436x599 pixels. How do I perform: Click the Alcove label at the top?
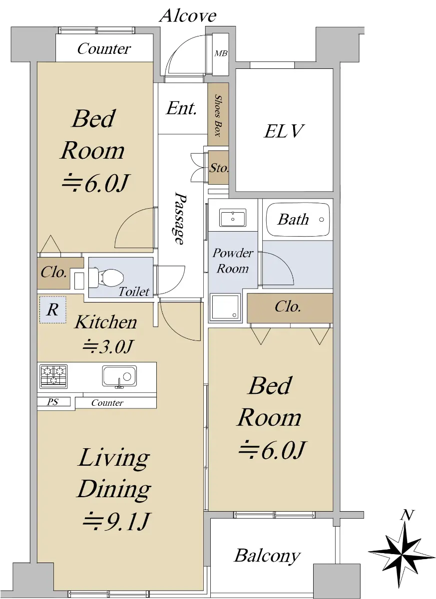click(x=188, y=16)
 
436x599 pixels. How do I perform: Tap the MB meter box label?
click(x=221, y=54)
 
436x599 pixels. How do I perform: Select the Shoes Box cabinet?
click(x=218, y=114)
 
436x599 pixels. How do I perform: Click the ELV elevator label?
click(x=283, y=131)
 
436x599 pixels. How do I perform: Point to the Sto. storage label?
click(x=219, y=168)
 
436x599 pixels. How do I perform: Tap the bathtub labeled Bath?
click(x=298, y=220)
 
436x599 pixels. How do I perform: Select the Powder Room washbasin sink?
click(x=233, y=218)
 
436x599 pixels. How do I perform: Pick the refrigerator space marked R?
click(x=53, y=309)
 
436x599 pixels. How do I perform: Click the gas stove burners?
click(x=53, y=376)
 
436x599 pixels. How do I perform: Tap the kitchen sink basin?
click(x=119, y=376)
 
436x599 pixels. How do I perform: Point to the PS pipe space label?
click(x=53, y=402)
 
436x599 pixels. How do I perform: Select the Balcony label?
click(x=267, y=556)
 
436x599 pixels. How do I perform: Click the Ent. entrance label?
click(x=181, y=109)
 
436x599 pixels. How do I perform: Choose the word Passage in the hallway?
click(x=179, y=218)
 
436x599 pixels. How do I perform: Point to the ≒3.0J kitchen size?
click(x=107, y=346)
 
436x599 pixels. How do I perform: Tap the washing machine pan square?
click(x=225, y=307)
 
